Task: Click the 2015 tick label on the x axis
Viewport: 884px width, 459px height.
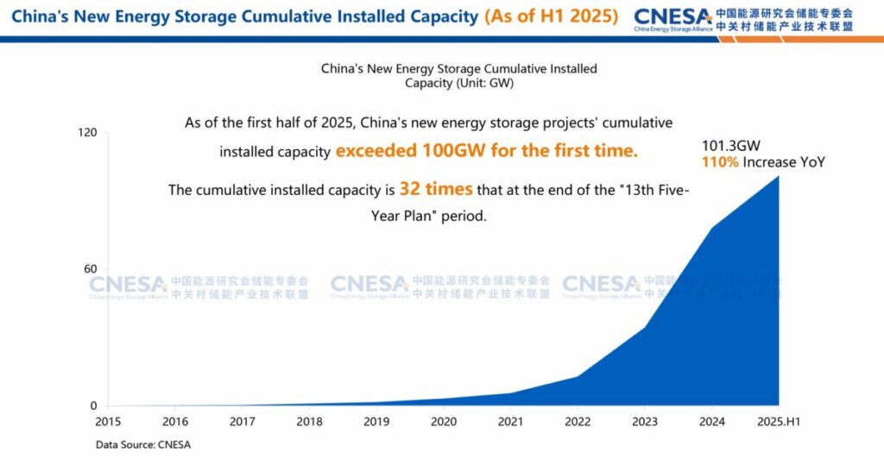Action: coord(108,422)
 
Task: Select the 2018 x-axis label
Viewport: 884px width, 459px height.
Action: coord(309,422)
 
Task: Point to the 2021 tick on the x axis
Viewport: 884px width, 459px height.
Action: coord(510,422)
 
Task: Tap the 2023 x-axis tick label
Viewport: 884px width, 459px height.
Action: coord(644,422)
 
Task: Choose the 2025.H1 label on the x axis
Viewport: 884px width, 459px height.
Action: coord(779,422)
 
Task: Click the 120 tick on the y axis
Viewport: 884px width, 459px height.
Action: coord(87,132)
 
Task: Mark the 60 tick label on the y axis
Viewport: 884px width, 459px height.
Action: coord(91,269)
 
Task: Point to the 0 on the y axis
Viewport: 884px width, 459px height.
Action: coord(94,406)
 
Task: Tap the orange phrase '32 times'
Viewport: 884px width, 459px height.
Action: coord(436,189)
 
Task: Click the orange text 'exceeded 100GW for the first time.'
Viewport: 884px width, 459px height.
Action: coord(487,150)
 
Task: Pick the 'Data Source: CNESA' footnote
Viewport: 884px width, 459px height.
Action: coord(142,444)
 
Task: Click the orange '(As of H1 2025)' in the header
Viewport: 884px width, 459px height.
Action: coord(551,16)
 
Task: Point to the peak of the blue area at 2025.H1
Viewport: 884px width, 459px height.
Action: coord(779,176)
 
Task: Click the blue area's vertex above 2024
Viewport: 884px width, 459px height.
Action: coord(711,228)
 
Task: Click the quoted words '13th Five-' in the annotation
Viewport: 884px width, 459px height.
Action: coord(655,190)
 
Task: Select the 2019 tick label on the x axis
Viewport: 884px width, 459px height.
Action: coord(376,422)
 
